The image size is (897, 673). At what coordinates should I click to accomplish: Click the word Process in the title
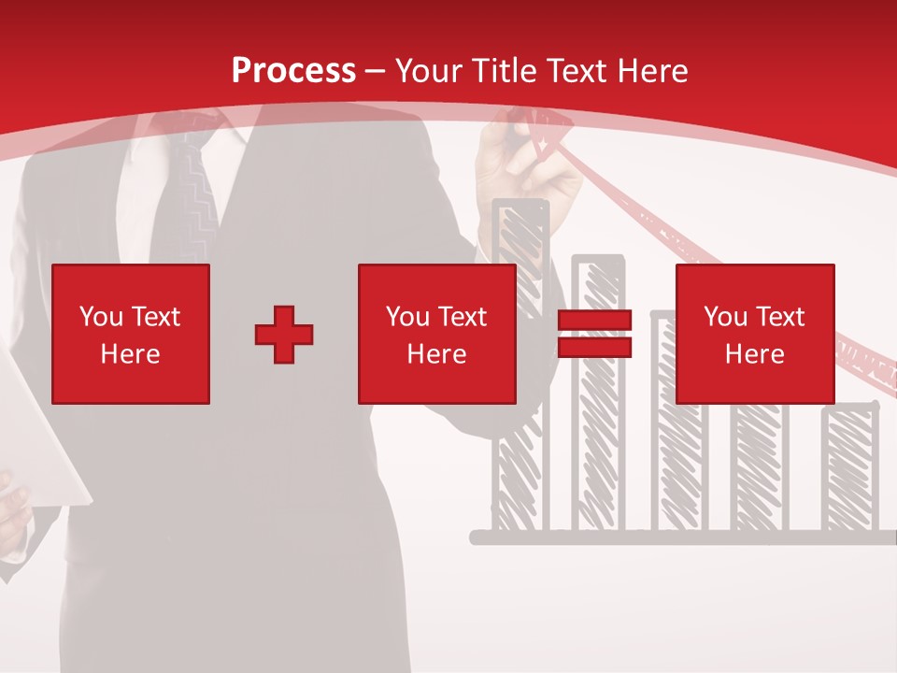click(x=293, y=70)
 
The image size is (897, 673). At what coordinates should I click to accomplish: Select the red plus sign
click(x=284, y=334)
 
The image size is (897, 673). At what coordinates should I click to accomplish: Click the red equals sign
click(x=594, y=334)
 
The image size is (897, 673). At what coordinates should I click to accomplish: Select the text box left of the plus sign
click(x=131, y=334)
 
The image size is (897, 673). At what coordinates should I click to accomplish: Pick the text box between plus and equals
click(x=436, y=334)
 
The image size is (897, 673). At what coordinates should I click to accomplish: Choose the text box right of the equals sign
click(x=755, y=334)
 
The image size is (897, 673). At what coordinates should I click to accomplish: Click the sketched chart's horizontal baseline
click(x=682, y=537)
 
